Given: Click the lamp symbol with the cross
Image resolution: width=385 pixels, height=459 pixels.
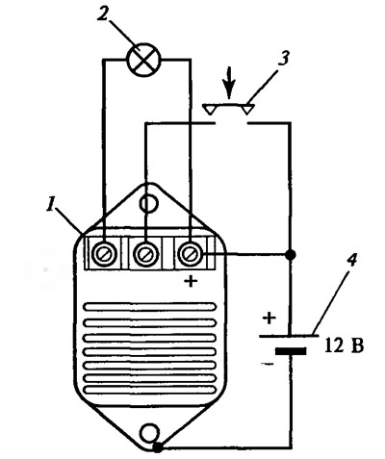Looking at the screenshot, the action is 143,60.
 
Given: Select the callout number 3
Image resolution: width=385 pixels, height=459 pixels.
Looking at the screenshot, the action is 284,58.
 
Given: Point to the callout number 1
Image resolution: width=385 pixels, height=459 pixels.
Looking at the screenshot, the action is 50,204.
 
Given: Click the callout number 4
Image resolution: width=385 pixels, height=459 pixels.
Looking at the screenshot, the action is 352,261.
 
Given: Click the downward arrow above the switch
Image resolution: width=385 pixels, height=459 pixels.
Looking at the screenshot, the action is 229,82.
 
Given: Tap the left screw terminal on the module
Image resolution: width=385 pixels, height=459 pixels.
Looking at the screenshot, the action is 104,253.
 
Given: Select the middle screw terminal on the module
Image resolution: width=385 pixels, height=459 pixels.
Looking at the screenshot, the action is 146,253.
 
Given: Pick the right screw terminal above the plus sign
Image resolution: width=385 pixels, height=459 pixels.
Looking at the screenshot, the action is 191,253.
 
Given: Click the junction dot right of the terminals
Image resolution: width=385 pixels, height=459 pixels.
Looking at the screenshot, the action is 291,255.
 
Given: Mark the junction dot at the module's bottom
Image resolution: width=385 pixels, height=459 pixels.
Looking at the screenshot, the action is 158,446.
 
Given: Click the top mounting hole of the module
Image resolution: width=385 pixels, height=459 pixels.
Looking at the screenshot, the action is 148,203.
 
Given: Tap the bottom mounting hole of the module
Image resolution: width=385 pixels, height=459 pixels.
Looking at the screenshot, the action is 150,432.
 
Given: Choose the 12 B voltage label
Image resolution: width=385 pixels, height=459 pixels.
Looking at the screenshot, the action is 345,345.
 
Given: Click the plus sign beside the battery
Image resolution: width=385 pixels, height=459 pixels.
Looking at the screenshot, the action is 269,318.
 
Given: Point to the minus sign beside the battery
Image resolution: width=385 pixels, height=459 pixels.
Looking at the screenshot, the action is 268,364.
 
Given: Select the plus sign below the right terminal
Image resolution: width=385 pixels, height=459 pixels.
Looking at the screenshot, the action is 192,282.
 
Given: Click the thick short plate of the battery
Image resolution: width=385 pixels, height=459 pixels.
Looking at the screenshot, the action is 291,351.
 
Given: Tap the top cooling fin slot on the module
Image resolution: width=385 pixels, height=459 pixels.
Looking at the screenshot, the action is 150,307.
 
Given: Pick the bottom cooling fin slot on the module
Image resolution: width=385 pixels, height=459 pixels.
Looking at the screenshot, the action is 150,390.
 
